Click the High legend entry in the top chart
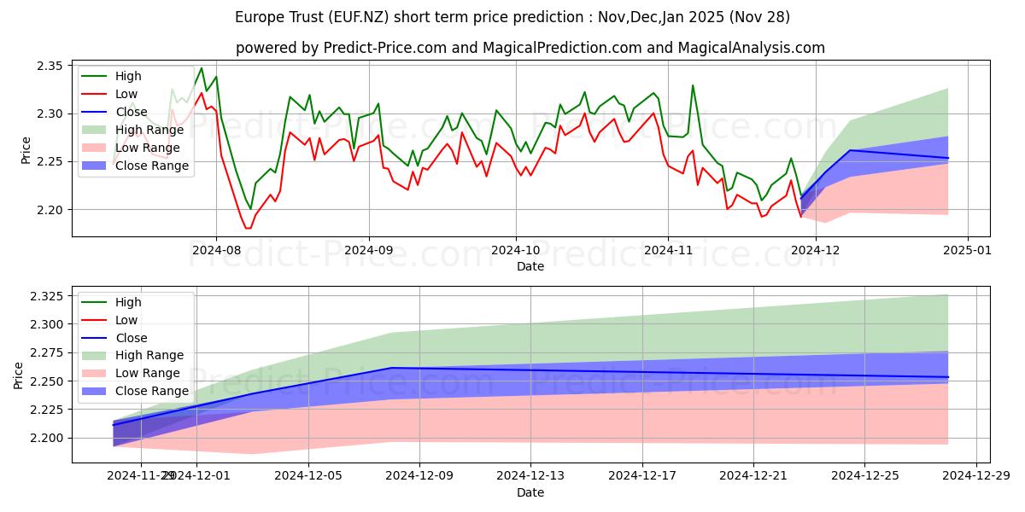128,77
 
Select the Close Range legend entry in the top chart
151,166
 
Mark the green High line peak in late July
202,68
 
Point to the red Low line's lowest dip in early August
248,228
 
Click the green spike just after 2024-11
693,85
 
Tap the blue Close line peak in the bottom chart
391,368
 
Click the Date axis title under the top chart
530,266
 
